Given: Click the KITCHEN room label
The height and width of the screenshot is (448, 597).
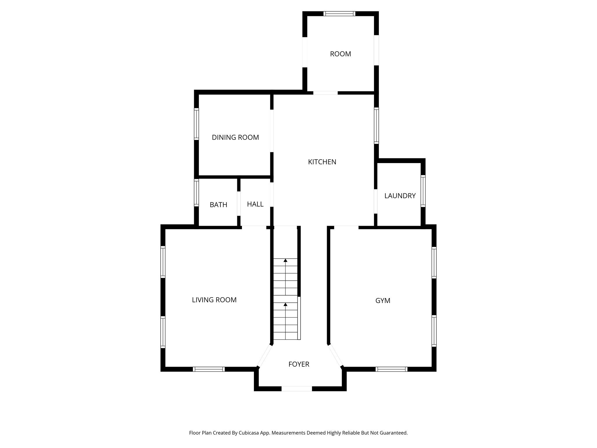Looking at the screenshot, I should tap(322, 162).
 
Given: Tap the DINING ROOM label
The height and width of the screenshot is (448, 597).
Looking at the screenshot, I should tap(235, 137).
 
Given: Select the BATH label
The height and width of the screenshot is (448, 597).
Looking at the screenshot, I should tap(218, 205).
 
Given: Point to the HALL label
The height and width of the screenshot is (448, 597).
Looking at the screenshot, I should tap(255, 204).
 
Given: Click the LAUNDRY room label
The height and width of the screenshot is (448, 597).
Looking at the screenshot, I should tap(400, 196).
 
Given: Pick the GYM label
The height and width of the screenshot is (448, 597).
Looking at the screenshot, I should tap(382, 300).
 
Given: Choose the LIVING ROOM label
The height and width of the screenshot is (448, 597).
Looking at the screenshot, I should tap(214, 300).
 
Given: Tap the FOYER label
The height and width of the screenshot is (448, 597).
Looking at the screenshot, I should tap(298, 364).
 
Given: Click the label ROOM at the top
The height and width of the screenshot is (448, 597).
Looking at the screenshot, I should tap(340, 54).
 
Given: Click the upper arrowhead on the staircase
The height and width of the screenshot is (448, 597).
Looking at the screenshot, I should tap(285, 260).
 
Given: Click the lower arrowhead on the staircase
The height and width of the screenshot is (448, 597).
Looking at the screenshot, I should tap(285, 304).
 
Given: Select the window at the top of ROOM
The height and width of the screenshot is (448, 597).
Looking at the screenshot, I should tap(339, 13).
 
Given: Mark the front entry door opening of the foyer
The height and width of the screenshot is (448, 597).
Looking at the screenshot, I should tap(296, 388).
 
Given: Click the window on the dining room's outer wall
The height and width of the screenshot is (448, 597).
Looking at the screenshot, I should tap(196, 124).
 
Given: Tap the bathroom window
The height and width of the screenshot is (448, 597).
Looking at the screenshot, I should tap(196, 193).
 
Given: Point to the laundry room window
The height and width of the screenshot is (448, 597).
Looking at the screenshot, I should tap(423, 191).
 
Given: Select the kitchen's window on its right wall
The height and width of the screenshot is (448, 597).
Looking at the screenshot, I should tap(376, 125).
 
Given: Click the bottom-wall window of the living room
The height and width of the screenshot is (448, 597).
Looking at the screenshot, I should tap(209, 369).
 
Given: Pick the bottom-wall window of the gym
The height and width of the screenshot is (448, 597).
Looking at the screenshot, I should tap(391, 369).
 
